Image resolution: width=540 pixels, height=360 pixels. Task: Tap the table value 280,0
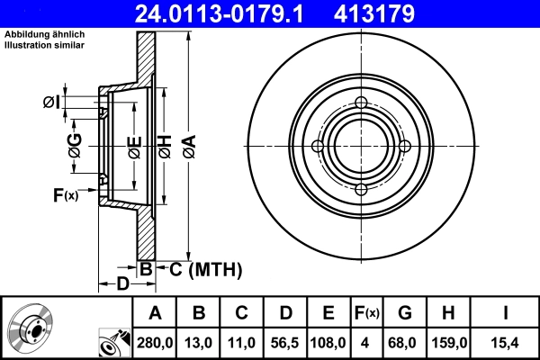(154, 342)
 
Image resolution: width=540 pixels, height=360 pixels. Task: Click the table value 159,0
(449, 342)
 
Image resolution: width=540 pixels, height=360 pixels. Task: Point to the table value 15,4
(505, 342)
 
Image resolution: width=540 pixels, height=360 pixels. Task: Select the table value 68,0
(405, 342)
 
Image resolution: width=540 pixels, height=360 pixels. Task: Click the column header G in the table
(405, 313)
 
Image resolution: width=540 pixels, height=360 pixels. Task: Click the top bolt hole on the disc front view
(361, 103)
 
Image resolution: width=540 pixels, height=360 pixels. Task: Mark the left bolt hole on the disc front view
(318, 147)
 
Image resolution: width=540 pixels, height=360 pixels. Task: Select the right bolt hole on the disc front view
(404, 147)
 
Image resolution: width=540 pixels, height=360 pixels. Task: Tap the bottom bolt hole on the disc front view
(361, 190)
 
